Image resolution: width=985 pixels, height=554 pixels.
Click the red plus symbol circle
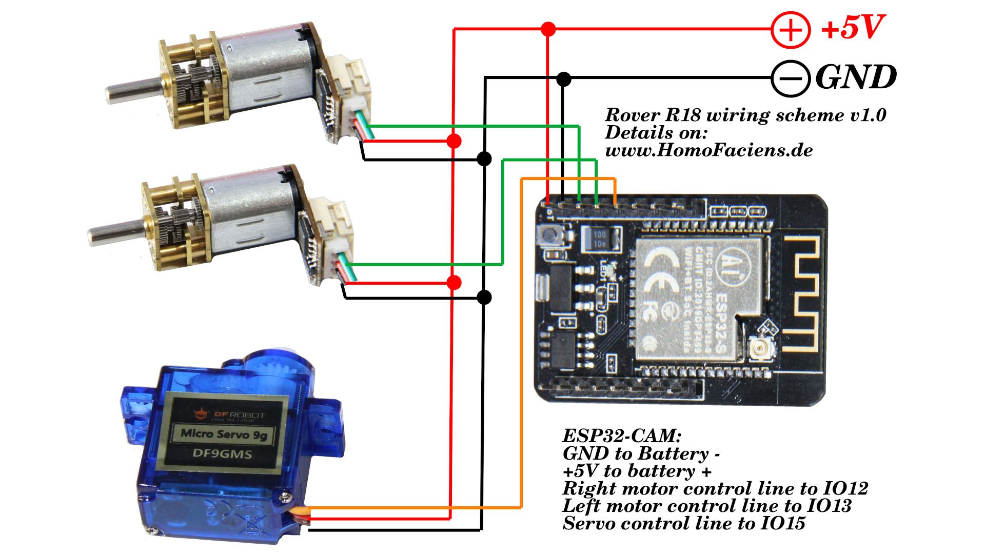791,30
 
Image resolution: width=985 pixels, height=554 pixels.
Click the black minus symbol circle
791,78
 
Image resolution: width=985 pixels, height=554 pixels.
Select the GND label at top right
856,77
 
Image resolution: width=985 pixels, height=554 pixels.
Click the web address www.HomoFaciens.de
709,150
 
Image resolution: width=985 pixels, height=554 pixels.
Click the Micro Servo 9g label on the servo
224,434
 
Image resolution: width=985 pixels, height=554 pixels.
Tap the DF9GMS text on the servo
222,454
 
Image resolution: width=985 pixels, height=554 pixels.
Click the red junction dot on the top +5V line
548,29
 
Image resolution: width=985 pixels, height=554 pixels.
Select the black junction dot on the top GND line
563,79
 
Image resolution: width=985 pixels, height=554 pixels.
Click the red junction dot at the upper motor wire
454,141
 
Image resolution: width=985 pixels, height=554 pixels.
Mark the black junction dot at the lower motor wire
484,297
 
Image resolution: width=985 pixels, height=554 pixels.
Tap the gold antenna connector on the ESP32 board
760,349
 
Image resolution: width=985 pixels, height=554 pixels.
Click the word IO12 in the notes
845,488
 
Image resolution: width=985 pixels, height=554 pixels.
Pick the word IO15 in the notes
783,523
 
